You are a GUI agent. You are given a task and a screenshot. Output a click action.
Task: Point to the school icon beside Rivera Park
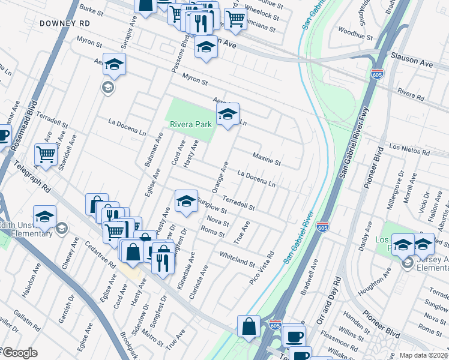point(228,115)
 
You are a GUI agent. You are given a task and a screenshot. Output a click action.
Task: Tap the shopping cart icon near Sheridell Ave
point(46,155)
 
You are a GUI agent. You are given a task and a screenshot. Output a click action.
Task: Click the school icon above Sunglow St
point(186,202)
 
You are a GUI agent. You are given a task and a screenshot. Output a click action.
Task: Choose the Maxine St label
point(267,159)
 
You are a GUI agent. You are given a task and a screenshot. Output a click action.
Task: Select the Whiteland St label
point(237,259)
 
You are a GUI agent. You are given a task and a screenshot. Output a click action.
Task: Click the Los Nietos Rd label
point(411,149)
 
